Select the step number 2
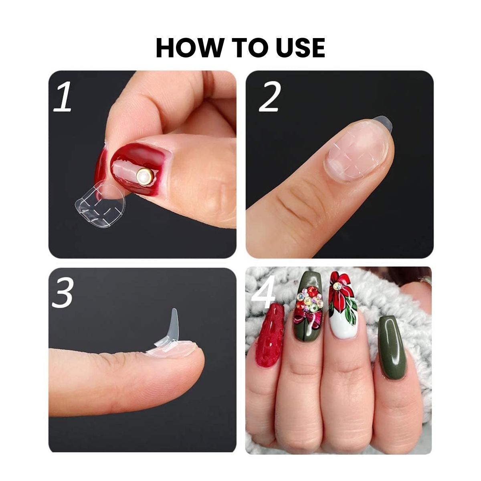(x=269, y=97)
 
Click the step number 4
(x=263, y=294)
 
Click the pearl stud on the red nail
(x=143, y=175)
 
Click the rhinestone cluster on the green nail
(x=309, y=301)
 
